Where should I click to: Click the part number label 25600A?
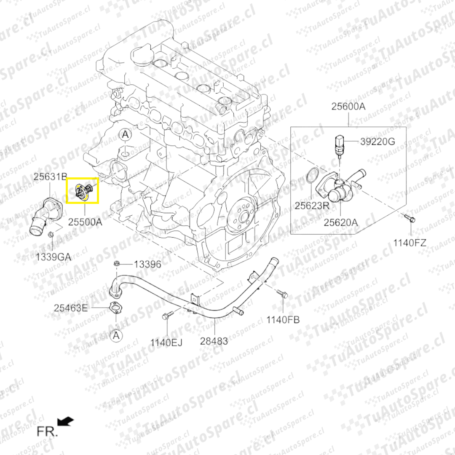[348, 107]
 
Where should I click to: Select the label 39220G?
[377, 142]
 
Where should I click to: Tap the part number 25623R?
[312, 206]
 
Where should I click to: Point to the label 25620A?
[341, 222]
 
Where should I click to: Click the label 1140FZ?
[410, 243]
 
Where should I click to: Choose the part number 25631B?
[51, 177]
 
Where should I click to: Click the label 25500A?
[85, 222]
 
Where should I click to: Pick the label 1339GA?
[54, 257]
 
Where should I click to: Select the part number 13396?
[147, 264]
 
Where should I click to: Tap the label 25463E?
[70, 308]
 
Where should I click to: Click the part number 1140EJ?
[166, 343]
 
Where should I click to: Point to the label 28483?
[214, 341]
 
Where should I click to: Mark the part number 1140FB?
[283, 320]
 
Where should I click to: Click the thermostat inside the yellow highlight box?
[83, 191]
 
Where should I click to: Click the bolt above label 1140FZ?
[409, 218]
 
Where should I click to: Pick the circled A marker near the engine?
[125, 135]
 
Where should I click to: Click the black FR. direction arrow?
[66, 421]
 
